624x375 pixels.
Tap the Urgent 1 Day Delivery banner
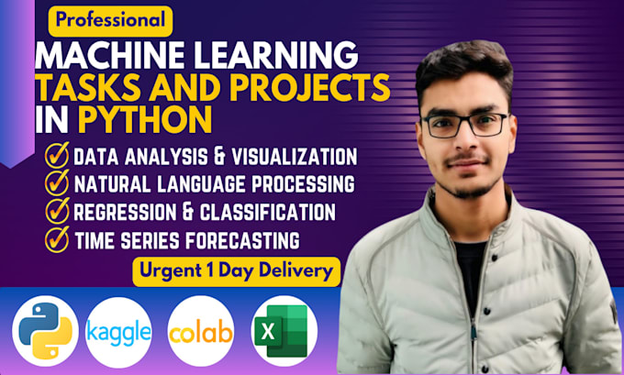(x=235, y=270)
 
